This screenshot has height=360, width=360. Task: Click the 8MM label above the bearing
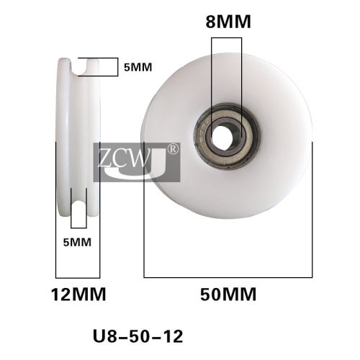(228, 22)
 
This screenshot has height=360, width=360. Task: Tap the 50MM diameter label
(228, 294)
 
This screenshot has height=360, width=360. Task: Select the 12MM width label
(78, 294)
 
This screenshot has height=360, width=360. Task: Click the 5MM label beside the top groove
(138, 67)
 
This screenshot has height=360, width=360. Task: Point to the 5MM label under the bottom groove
(77, 242)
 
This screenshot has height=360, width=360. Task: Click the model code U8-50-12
(138, 336)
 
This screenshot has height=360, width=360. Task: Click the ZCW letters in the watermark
(125, 158)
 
